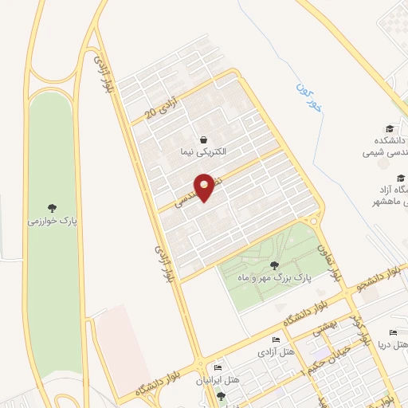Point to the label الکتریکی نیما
pos(203,151)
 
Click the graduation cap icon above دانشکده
pos(390,127)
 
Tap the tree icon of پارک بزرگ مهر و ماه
pos(275,265)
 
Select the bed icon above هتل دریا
pos(392,332)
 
